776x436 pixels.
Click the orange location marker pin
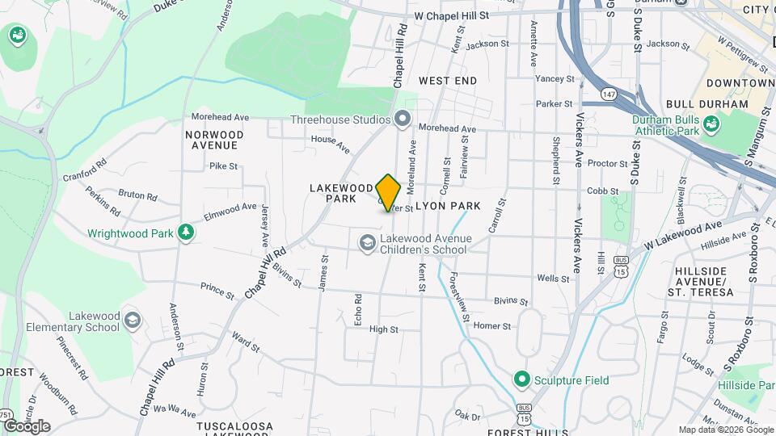[388, 193]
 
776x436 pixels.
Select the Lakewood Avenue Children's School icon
[367, 242]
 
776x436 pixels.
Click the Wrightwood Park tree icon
[187, 233]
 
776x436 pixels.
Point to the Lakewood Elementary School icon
[132, 322]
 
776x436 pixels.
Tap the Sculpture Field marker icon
[521, 379]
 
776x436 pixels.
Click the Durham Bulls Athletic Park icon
[711, 124]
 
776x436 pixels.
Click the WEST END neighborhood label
[448, 81]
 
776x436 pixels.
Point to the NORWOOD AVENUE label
[213, 140]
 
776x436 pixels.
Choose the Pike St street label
[223, 166]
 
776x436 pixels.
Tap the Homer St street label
[492, 326]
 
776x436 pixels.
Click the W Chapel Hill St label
[452, 15]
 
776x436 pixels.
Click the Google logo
[27, 426]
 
